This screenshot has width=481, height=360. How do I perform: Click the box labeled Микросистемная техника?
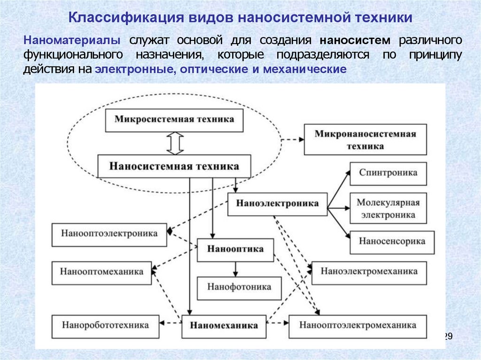pos(174,121)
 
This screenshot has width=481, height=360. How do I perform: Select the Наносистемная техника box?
pos(174,166)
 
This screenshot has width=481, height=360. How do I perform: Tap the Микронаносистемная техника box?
pos(365,139)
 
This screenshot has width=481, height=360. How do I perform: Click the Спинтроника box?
pos(388,174)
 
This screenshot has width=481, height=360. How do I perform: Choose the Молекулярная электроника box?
pos(388,208)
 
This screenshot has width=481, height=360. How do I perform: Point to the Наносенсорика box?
pos(392,243)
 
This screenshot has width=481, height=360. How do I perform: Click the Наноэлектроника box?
pos(278,204)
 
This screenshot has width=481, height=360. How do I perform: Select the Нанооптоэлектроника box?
pos(109,235)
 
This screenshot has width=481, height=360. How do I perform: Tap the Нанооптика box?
pos(235,250)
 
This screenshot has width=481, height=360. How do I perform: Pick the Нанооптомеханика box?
pos(102,273)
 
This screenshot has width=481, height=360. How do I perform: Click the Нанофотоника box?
pos(239,288)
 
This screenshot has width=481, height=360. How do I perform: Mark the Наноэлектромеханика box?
pos(369,273)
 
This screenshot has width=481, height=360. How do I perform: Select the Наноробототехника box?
pos(106,327)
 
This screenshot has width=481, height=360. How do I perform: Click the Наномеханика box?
pos(224,327)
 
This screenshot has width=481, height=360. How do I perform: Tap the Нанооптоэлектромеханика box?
pos(358,327)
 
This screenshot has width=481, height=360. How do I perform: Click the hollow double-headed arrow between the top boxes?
pos(175,143)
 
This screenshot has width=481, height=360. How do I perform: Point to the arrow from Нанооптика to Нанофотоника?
pos(235,269)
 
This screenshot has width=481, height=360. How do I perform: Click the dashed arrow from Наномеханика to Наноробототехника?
pos(171,322)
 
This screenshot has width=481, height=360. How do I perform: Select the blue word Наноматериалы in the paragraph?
pos(72,40)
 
